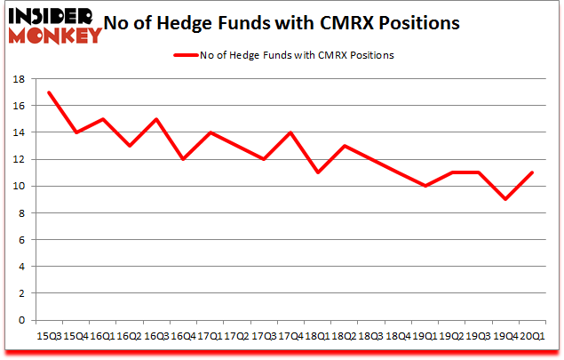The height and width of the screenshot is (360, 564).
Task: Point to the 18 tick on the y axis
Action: point(19,79)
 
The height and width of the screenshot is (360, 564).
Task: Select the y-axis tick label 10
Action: point(19,187)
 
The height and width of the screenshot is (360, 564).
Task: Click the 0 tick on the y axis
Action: point(22,320)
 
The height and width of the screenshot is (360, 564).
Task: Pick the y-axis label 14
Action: point(19,132)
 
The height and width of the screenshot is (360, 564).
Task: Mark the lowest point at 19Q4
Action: point(504,199)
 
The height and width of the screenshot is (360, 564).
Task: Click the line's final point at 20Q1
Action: point(531,172)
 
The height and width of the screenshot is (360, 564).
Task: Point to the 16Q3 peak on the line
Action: point(155,119)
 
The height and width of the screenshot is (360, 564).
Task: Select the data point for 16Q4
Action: point(182,159)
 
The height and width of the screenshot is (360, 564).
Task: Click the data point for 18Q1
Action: point(316,172)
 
